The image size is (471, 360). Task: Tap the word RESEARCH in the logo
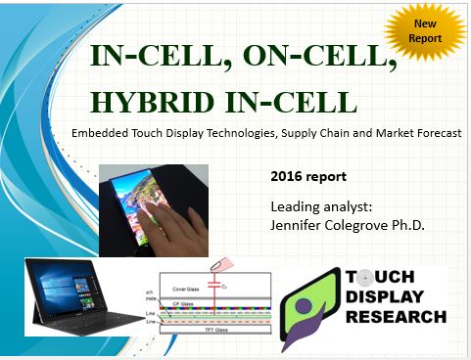tap(402, 317)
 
